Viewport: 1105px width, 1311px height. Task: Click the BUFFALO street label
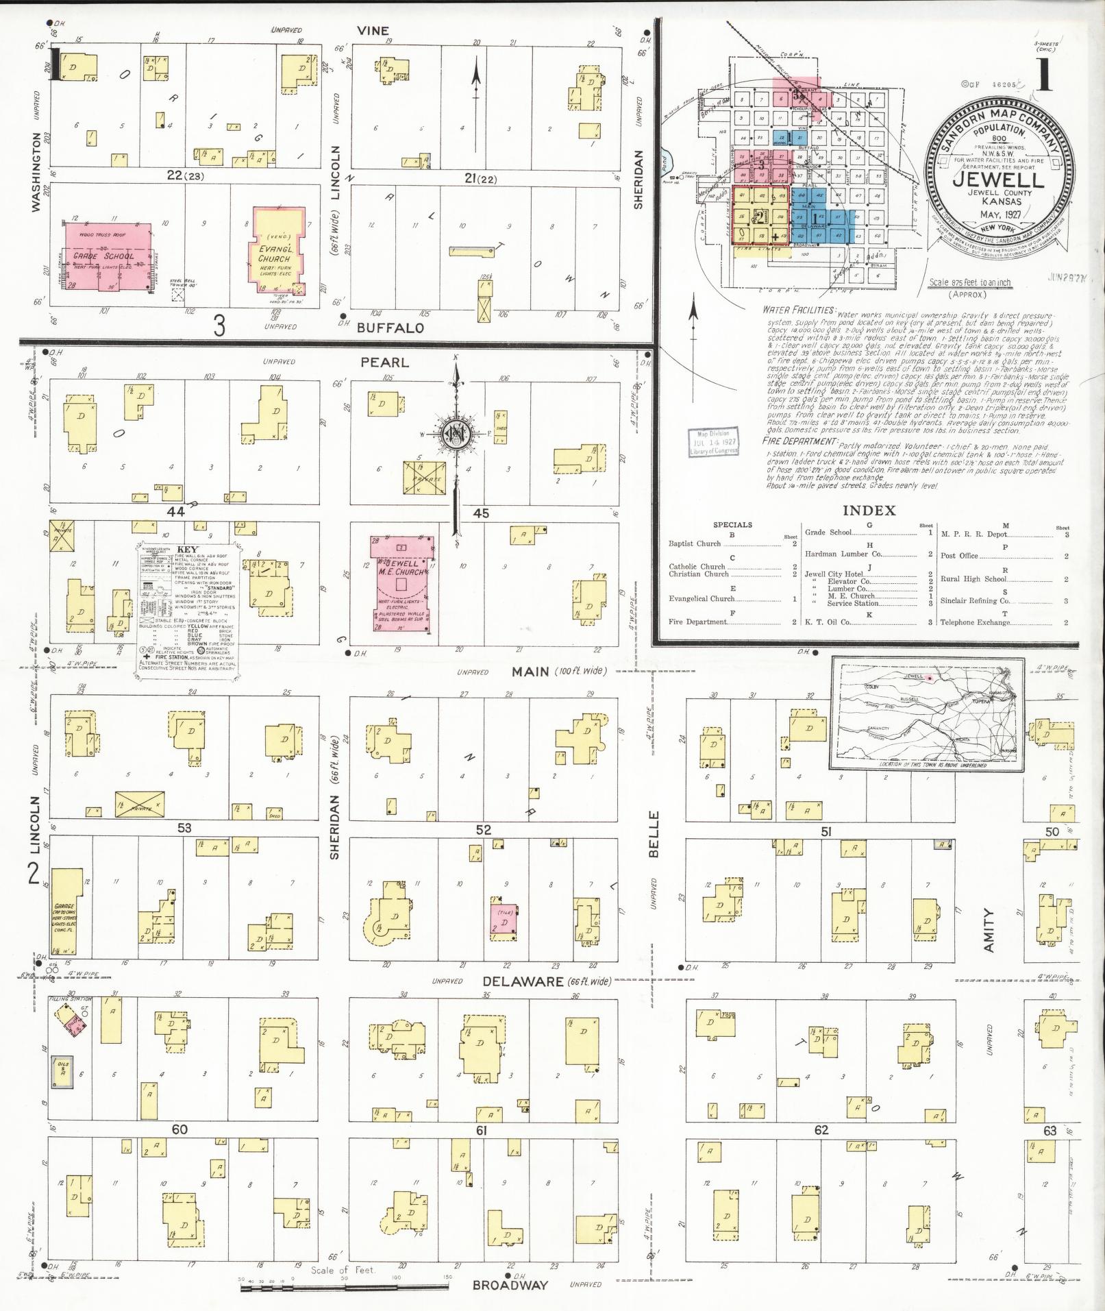click(x=390, y=328)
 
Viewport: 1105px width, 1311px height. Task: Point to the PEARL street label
click(x=384, y=362)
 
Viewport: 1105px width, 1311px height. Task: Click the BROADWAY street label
click(x=510, y=1285)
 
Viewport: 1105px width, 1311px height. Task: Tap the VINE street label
click(x=373, y=30)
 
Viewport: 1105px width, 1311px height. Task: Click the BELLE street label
click(x=653, y=833)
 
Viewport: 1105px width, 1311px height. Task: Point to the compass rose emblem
click(x=454, y=433)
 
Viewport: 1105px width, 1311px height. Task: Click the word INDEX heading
click(x=869, y=510)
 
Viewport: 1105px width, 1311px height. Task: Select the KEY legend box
click(x=188, y=611)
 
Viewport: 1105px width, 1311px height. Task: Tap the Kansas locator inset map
click(x=927, y=714)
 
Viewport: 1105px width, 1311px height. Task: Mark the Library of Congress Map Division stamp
click(x=715, y=442)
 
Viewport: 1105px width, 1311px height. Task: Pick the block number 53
click(x=184, y=827)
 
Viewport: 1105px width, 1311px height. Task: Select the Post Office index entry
click(x=958, y=555)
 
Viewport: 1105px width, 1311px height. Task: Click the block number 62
click(x=821, y=1129)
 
